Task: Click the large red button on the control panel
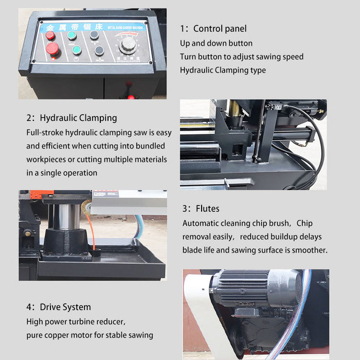[52, 49]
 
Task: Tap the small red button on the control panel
[50, 35]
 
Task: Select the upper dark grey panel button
[94, 35]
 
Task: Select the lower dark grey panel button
[99, 50]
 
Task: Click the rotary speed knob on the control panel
[128, 45]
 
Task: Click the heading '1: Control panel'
[213, 29]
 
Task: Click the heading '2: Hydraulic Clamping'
[71, 118]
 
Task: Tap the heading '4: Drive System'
[58, 307]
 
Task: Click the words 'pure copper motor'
[56, 335]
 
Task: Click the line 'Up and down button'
[216, 43]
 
